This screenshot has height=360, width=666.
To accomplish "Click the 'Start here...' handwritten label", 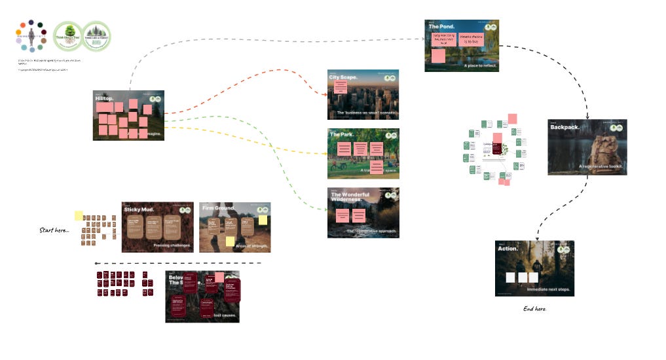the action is click(54, 230).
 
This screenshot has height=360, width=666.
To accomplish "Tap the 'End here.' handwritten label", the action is click(534, 308).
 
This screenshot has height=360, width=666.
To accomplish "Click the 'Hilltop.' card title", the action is click(105, 98).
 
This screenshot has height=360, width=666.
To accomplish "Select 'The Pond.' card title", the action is click(442, 26).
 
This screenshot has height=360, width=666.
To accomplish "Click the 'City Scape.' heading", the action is click(343, 78).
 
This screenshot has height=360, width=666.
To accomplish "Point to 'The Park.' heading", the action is click(342, 135).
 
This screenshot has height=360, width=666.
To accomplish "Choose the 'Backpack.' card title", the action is click(564, 127).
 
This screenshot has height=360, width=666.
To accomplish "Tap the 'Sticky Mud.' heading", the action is click(138, 209).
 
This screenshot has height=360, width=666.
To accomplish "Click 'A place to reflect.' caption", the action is click(480, 66).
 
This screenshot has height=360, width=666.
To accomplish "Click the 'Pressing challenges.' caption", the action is click(172, 245).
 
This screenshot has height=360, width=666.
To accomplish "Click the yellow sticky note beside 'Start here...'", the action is click(79, 215).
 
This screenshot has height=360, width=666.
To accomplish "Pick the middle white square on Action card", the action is click(522, 278).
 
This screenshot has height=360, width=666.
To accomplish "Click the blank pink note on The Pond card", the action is click(438, 56).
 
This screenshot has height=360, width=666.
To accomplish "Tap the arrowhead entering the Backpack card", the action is click(587, 117).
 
